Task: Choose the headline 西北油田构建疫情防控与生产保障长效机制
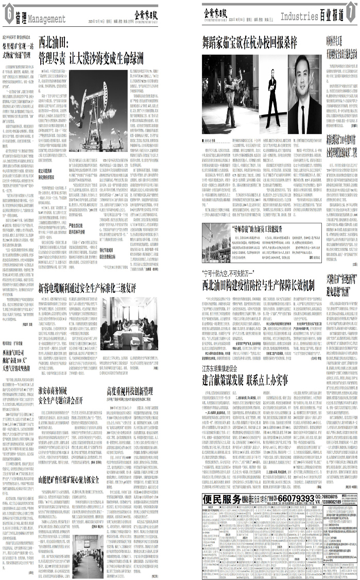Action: pyautogui.click(x=258, y=284)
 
